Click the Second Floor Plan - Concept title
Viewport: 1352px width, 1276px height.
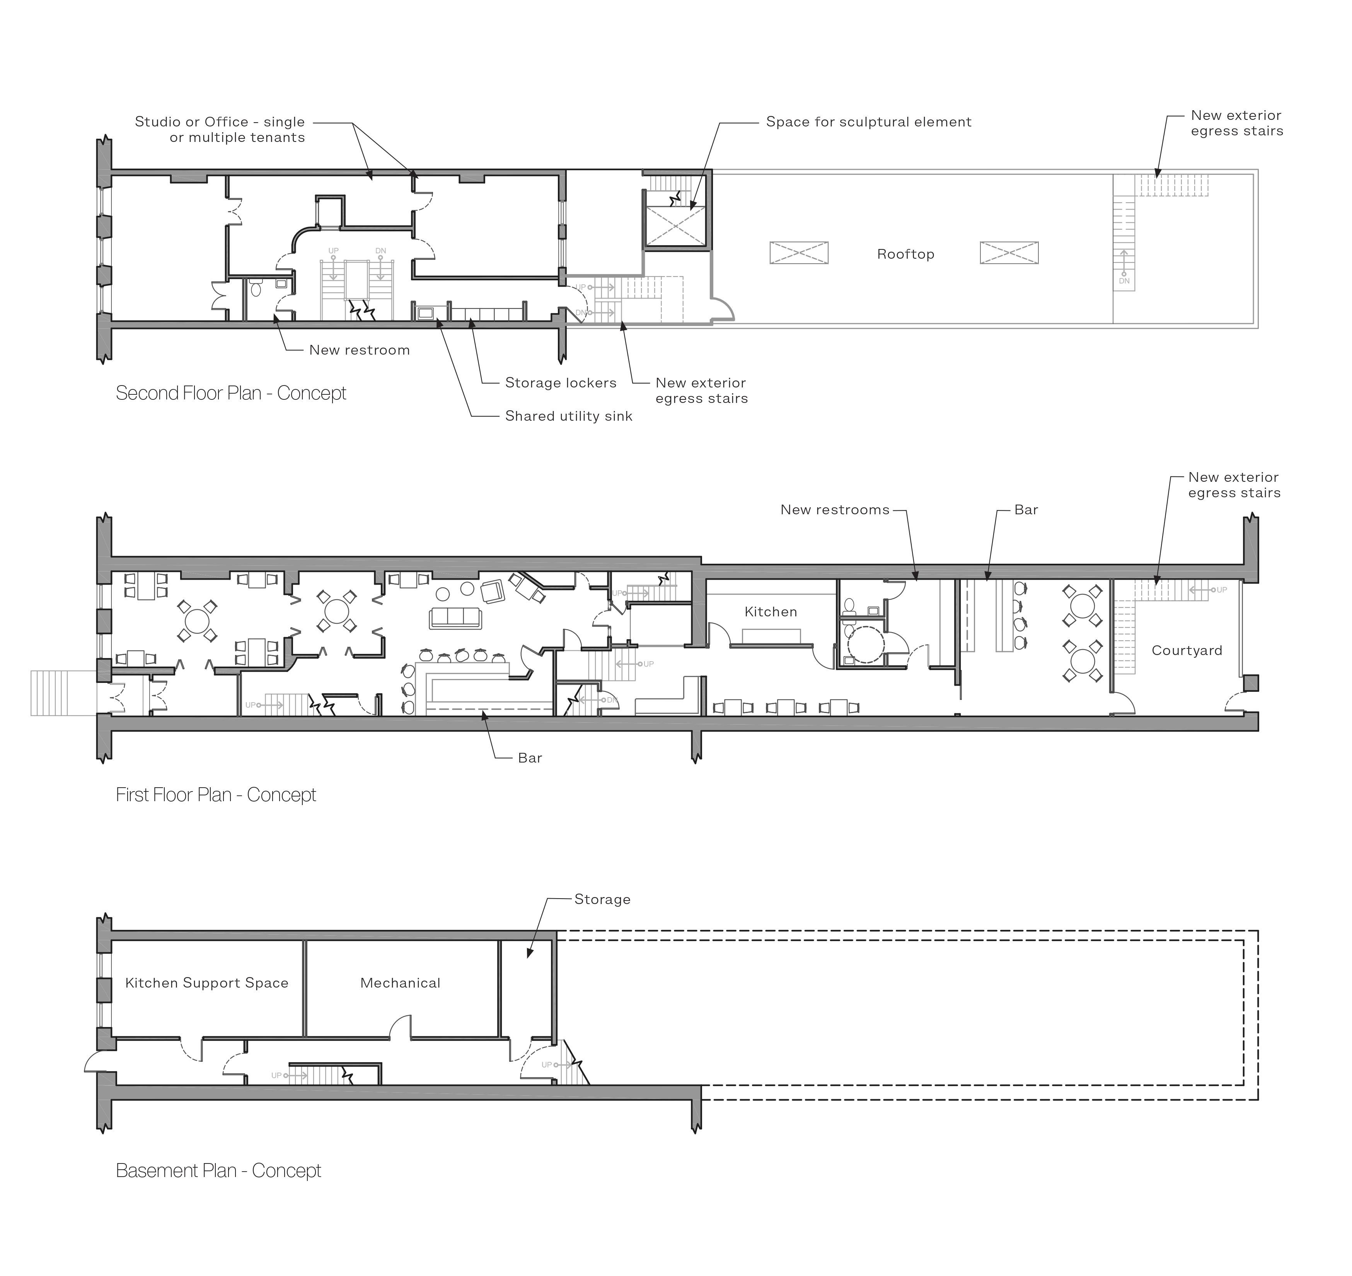point(231,393)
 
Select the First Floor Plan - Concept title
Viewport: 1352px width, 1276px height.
point(216,795)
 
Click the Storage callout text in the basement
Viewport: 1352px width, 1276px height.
point(603,900)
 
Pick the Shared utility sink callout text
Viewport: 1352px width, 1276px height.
point(569,416)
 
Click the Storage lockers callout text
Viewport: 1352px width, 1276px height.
point(561,383)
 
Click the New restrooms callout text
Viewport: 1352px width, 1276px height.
point(835,510)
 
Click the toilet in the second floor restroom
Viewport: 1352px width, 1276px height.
point(256,289)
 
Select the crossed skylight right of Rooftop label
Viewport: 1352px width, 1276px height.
point(1009,253)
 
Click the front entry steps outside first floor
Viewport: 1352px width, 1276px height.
point(64,693)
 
